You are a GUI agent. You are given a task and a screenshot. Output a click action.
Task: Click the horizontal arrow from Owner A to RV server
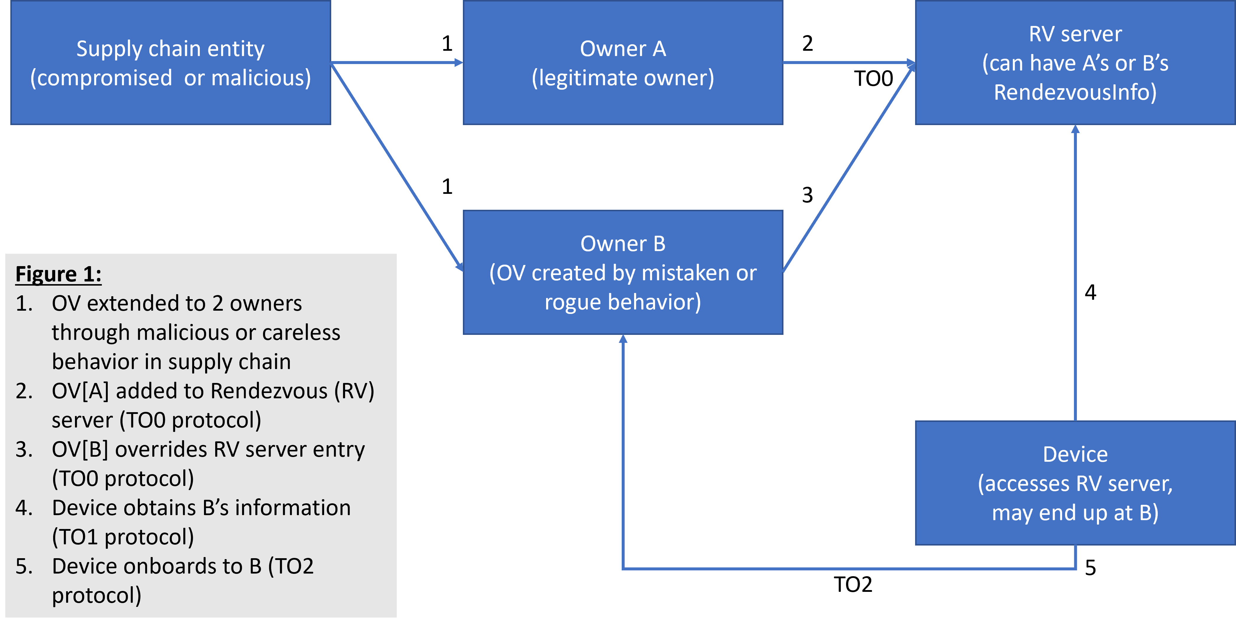(x=848, y=62)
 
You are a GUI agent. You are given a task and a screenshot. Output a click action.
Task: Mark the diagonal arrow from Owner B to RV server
(x=848, y=168)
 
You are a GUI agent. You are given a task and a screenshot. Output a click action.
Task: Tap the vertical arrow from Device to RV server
(x=1075, y=273)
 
